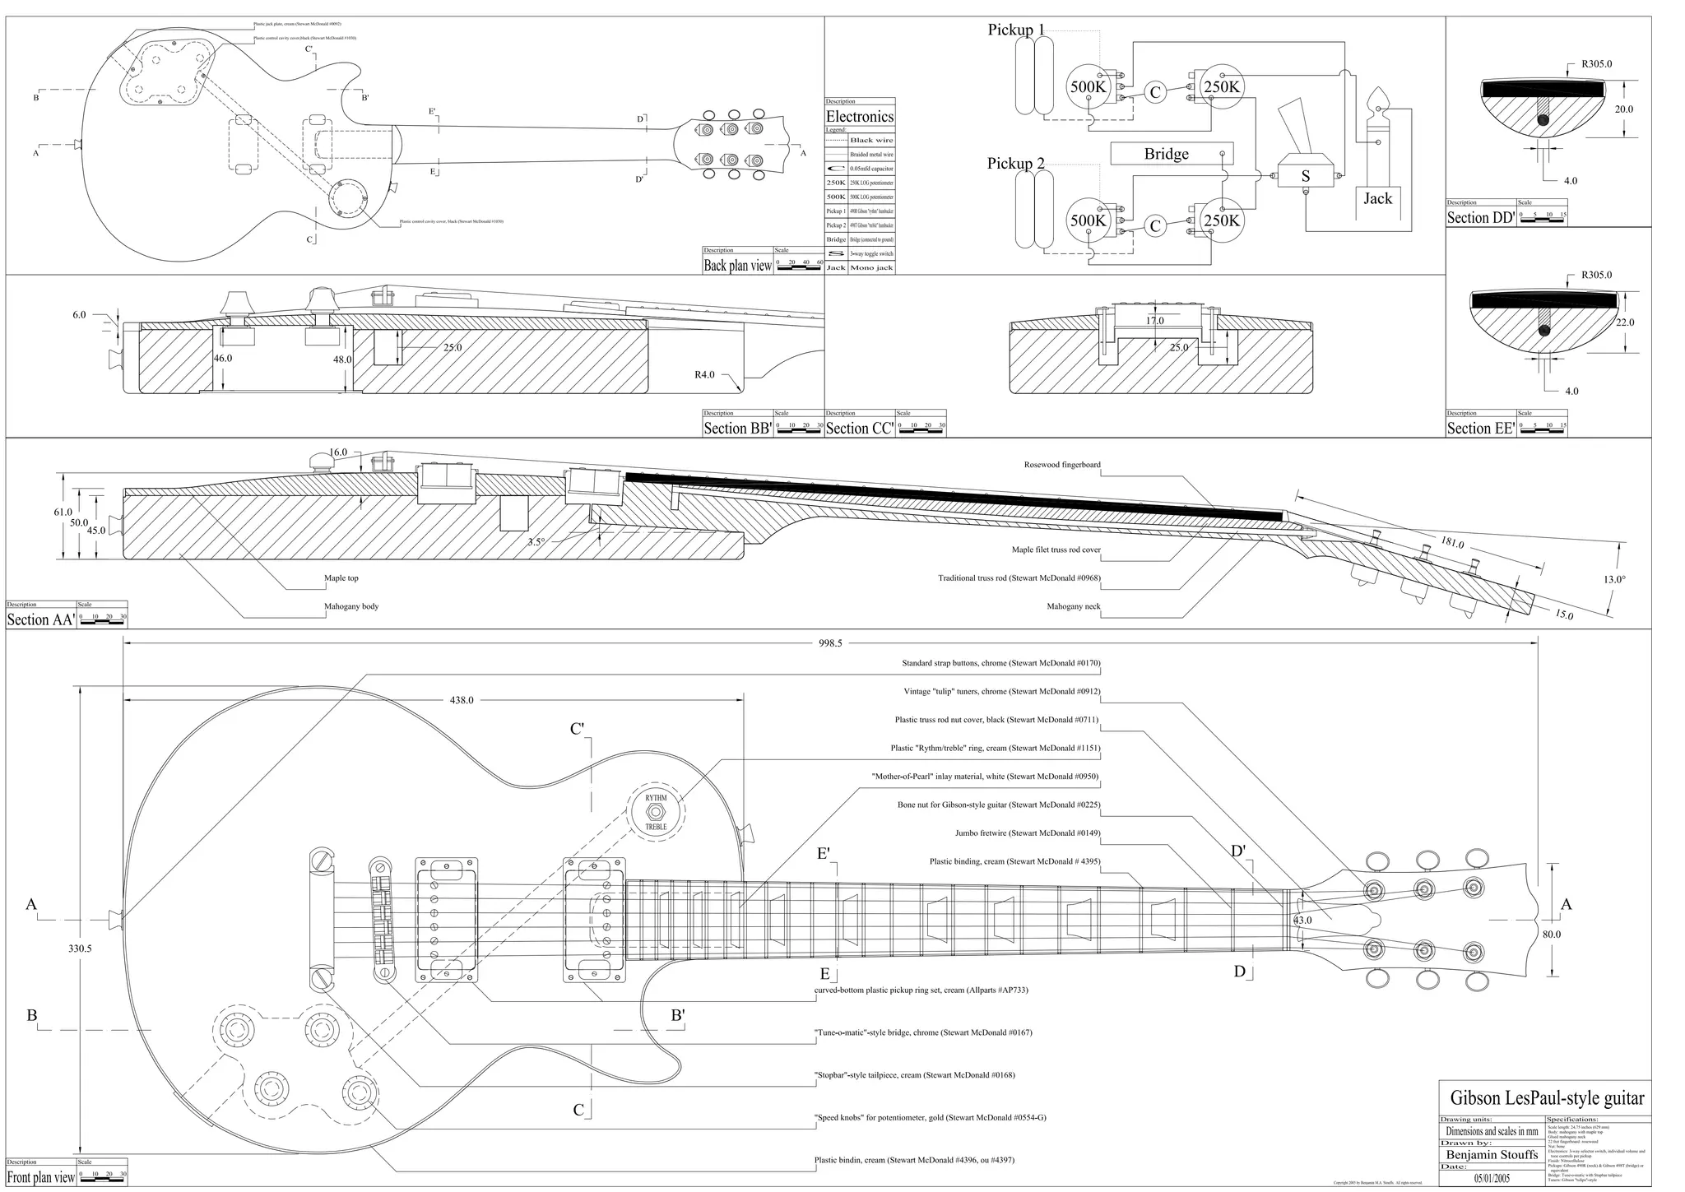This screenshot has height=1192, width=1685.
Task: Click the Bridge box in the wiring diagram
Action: coord(1171,154)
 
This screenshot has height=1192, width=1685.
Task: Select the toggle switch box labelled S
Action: coord(1305,175)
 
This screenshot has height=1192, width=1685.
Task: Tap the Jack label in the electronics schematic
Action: coord(1377,198)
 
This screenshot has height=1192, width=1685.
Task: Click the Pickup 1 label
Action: coord(1016,30)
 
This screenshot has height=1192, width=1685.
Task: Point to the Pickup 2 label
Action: coord(1015,164)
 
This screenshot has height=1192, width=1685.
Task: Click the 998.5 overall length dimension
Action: coord(829,643)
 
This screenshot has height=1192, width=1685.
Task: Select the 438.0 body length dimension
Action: coord(461,700)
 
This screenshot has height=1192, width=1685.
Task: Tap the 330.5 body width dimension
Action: coord(79,948)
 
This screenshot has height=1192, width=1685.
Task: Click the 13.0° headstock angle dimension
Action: coord(1613,579)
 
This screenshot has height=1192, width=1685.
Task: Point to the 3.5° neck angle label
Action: coord(536,542)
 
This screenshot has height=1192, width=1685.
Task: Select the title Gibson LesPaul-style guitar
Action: coord(1547,1098)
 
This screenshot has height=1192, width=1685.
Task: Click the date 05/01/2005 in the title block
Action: coord(1492,1178)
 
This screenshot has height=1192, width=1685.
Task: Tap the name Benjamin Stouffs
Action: coord(1492,1154)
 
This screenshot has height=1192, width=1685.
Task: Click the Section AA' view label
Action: coord(40,619)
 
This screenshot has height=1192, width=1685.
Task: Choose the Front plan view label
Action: coord(40,1177)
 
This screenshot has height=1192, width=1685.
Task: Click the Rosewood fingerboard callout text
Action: coord(1061,465)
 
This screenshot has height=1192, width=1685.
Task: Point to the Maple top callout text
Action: coord(341,578)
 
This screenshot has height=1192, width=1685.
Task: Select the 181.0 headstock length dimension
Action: coord(1452,543)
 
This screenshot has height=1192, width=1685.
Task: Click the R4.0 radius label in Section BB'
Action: coord(704,375)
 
